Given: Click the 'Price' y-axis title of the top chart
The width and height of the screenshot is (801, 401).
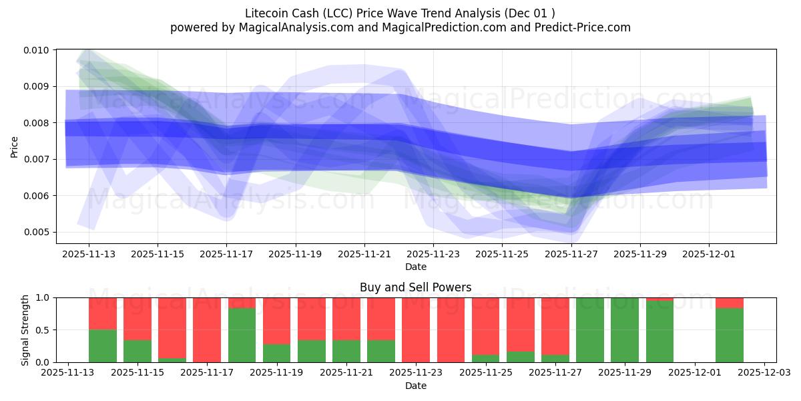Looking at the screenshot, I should [15, 146].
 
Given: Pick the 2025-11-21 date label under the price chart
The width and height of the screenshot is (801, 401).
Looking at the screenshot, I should [364, 254].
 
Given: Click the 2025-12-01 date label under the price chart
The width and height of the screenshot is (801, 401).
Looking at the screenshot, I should [709, 254].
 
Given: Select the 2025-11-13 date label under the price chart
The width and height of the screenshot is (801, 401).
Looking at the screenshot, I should [89, 254].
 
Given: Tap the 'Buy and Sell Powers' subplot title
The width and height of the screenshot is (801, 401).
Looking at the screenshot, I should [415, 287].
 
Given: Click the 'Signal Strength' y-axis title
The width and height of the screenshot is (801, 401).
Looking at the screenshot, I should [25, 329].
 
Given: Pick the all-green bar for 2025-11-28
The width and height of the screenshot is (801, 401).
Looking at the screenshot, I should [590, 329].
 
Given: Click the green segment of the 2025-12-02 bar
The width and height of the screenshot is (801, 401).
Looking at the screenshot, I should [730, 335].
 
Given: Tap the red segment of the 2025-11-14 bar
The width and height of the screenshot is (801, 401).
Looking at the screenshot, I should [103, 313].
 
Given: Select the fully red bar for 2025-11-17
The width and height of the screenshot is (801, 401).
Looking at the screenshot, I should [207, 329].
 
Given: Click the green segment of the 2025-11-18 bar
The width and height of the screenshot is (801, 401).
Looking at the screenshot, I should [242, 335].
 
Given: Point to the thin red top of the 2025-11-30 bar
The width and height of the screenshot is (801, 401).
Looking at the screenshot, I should [659, 299].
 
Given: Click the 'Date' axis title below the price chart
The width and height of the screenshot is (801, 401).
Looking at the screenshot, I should [415, 267].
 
